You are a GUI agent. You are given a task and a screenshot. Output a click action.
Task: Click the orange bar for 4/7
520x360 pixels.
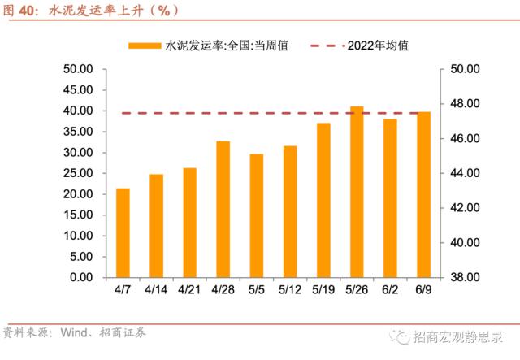pos(123,233)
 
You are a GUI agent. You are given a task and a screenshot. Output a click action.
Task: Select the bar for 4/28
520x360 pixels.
pos(223,210)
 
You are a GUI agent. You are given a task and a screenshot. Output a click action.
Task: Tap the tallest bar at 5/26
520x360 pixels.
pos(357,192)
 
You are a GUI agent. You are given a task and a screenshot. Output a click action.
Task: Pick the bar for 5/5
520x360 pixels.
pos(257,215)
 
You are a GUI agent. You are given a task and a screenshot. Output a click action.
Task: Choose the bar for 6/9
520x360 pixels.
pos(423,195)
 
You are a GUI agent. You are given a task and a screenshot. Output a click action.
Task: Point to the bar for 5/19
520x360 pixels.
pos(323,200)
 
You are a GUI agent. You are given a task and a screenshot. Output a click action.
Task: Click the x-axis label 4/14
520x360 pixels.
pos(156,288)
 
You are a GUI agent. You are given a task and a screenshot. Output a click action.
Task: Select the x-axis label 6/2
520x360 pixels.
pos(390,288)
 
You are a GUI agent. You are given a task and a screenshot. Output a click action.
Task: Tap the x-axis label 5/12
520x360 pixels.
pos(290,288)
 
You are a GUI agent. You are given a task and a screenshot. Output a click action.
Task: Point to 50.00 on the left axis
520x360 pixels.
pos(80,69)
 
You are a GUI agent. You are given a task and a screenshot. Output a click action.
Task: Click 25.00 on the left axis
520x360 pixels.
pos(80,173)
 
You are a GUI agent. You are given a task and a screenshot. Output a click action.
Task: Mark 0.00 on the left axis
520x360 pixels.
pos(83,277)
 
